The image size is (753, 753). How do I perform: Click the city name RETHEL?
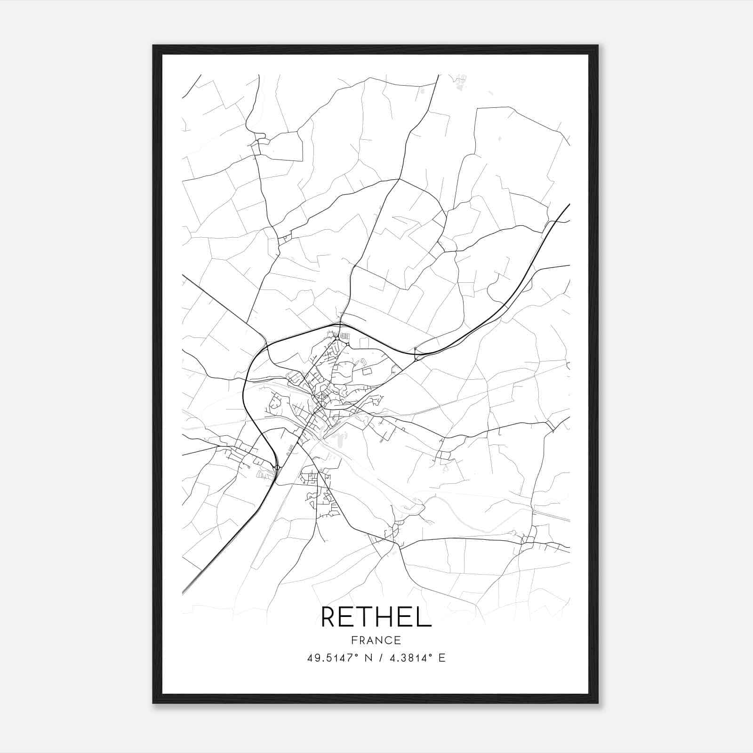pyautogui.click(x=376, y=617)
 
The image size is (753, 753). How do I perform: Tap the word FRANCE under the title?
pyautogui.click(x=376, y=640)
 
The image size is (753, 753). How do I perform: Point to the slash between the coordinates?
pyautogui.click(x=380, y=658)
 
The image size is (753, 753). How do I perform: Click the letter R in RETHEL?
pyautogui.click(x=329, y=617)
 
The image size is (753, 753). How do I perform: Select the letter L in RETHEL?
pyautogui.click(x=425, y=617)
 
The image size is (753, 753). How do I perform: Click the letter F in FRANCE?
pyautogui.click(x=353, y=640)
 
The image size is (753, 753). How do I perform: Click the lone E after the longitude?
pyautogui.click(x=441, y=658)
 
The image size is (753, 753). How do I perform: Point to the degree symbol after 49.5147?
pyautogui.click(x=357, y=655)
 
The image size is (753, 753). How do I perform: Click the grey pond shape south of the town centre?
pyautogui.click(x=337, y=439)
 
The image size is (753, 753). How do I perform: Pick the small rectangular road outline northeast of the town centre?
pyautogui.click(x=366, y=371)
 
